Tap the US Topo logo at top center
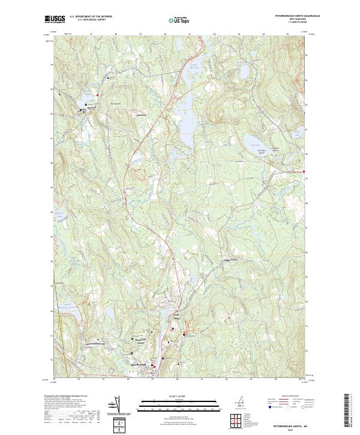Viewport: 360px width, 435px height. [x=178, y=20]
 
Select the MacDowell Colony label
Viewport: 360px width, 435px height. [x=139, y=340]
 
